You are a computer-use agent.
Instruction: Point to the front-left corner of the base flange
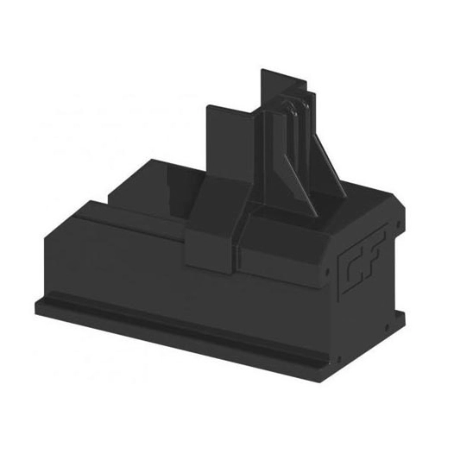[40, 306]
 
